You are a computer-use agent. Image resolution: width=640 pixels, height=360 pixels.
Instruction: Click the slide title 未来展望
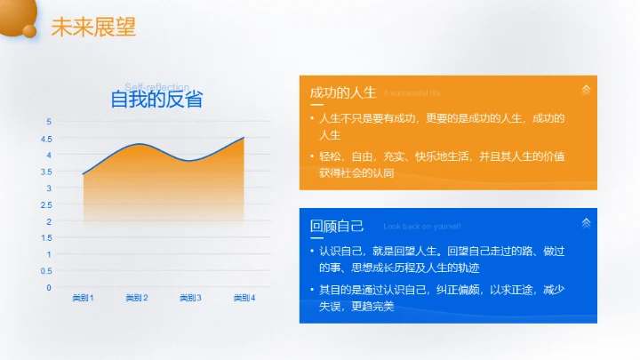point(93,27)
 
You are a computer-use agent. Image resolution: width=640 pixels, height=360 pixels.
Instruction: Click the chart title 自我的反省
point(156,100)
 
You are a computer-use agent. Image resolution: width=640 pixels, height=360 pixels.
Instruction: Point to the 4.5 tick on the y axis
point(48,139)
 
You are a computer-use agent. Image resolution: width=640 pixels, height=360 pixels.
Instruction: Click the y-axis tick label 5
point(49,122)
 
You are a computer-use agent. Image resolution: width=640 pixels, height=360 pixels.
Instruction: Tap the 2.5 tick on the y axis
point(48,205)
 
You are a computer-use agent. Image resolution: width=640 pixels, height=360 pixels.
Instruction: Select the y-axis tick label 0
point(49,288)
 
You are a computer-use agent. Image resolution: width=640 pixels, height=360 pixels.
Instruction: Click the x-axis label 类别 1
point(83,298)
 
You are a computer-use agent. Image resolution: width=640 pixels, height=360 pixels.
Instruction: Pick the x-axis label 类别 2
point(137,298)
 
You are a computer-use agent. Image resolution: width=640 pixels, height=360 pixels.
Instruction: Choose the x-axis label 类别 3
point(190,298)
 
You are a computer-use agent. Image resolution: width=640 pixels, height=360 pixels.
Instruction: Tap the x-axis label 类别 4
point(244,298)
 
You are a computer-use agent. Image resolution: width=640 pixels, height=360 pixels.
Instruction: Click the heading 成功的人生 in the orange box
point(344,92)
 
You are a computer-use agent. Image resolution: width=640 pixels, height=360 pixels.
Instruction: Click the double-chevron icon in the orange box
point(585,90)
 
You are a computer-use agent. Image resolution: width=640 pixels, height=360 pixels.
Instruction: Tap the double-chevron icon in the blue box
point(585,222)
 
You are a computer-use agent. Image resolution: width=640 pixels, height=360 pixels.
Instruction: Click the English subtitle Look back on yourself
point(421,227)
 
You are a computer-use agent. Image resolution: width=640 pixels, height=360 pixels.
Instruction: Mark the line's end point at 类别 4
point(244,138)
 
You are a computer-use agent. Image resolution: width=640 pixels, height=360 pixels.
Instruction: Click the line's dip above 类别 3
point(190,161)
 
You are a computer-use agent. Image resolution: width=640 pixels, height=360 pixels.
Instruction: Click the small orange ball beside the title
point(29,32)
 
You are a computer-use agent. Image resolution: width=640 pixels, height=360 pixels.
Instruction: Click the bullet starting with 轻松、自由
point(441,164)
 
